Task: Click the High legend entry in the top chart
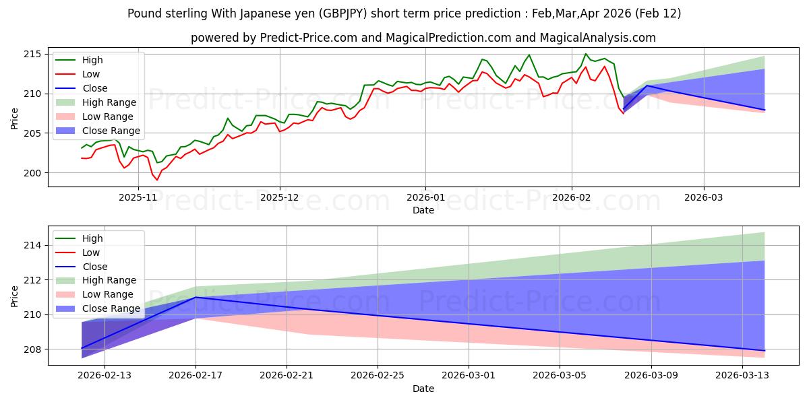click(x=92, y=60)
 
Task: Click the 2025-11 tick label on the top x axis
click(x=138, y=197)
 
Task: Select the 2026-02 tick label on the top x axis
click(x=572, y=197)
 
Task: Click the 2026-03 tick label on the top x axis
click(x=704, y=197)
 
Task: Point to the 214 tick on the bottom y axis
click(x=32, y=246)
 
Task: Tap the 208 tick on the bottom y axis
click(x=32, y=349)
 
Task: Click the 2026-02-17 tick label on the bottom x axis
click(x=196, y=376)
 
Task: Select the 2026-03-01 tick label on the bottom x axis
click(x=469, y=376)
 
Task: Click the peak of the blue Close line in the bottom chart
click(x=196, y=297)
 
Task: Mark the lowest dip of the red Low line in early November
click(x=157, y=180)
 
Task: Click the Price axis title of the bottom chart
click(x=15, y=296)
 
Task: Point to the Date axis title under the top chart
click(x=423, y=211)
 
